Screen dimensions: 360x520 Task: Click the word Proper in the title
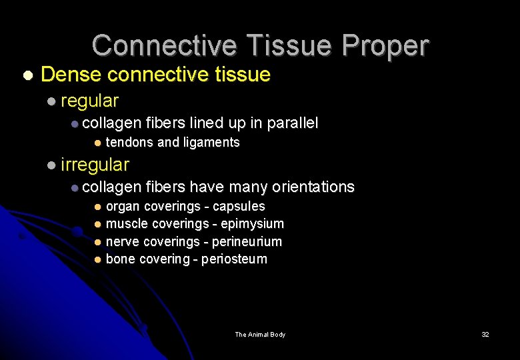(x=387, y=46)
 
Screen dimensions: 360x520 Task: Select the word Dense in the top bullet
(x=65, y=75)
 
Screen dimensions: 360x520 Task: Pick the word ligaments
(x=211, y=142)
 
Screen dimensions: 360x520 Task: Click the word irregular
(x=95, y=164)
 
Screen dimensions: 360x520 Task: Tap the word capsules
(x=239, y=207)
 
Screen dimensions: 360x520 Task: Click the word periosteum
(x=234, y=259)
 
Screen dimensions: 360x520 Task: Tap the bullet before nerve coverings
(x=97, y=241)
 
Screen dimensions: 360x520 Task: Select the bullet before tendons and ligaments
(x=97, y=143)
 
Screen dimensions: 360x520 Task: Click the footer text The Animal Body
(x=260, y=335)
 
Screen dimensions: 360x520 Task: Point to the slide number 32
(x=485, y=335)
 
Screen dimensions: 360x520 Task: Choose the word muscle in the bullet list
(x=127, y=224)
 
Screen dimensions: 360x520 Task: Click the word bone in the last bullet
(x=121, y=259)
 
